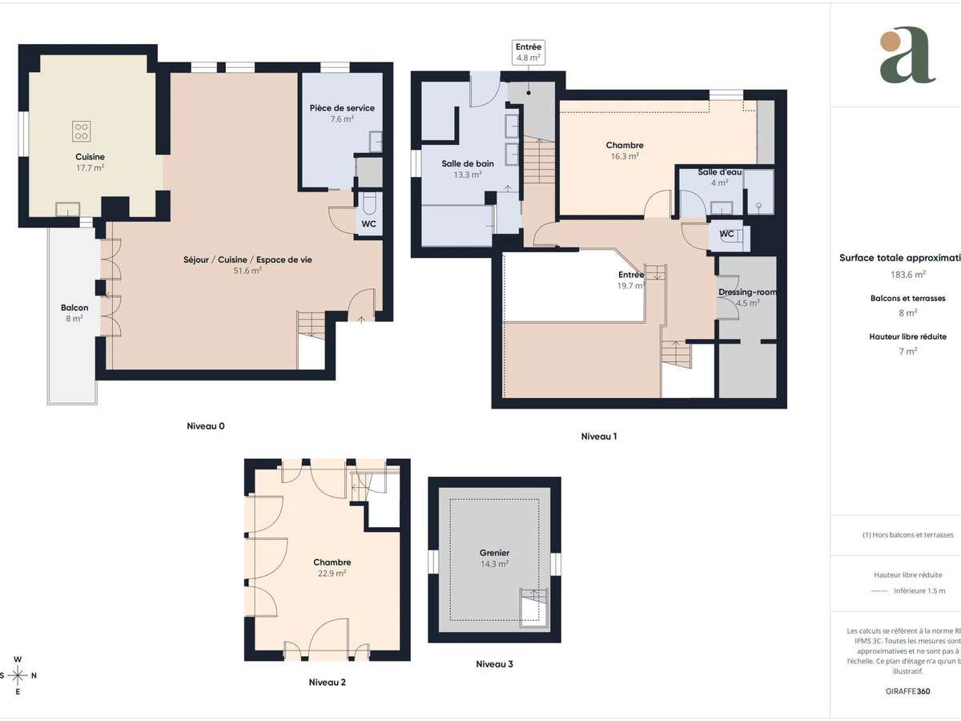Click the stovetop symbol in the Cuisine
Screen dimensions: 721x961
(x=82, y=131)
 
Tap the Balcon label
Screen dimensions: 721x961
(x=74, y=308)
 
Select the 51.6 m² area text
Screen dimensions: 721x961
(x=247, y=270)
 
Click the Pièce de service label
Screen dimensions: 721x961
(x=342, y=108)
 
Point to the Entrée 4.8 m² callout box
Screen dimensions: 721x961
(x=529, y=53)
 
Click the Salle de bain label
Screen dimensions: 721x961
(x=468, y=163)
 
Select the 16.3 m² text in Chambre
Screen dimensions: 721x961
(x=625, y=156)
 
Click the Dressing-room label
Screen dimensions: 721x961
(x=747, y=292)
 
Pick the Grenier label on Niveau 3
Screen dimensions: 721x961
(x=495, y=553)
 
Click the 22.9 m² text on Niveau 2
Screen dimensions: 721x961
(x=332, y=573)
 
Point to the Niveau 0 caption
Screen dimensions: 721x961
(x=205, y=426)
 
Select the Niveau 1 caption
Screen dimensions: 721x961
(x=599, y=437)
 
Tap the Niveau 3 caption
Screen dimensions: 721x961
(x=494, y=663)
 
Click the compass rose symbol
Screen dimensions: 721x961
(x=18, y=675)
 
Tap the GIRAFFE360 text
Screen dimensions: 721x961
(x=907, y=691)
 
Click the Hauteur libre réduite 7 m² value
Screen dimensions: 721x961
(x=907, y=350)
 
